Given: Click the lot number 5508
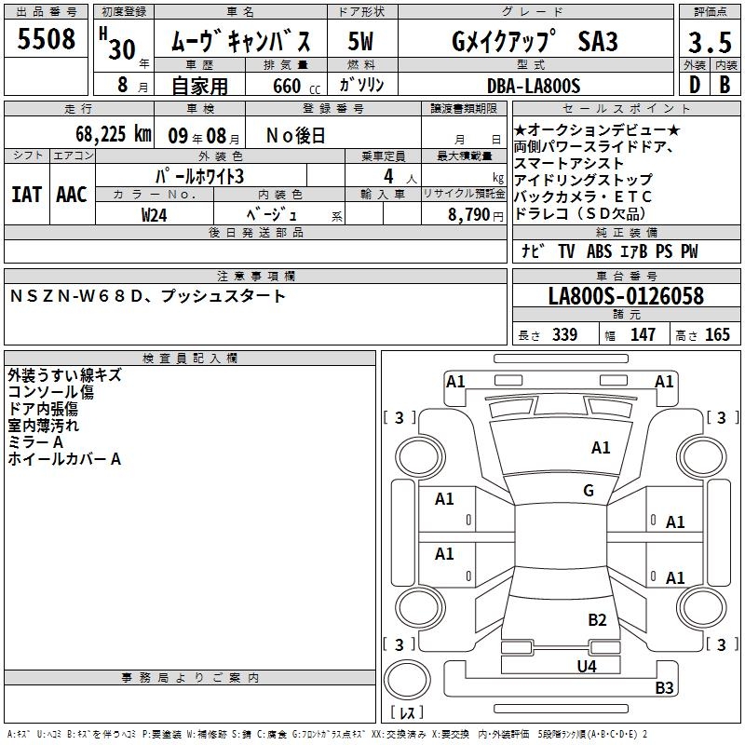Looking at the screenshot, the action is [47, 39].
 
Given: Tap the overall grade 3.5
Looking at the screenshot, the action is [709, 42].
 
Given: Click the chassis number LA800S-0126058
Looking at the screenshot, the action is [626, 296].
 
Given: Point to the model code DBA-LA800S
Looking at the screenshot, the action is [534, 86].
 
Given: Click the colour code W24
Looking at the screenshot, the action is [155, 213].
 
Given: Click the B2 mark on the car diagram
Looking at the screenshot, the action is [597, 620].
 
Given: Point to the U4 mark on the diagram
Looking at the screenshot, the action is [586, 666].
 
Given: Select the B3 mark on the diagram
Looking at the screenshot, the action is [664, 688].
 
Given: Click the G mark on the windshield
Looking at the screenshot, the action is [589, 491].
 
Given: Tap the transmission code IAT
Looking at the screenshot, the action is [27, 195].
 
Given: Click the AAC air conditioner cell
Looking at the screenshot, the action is [72, 195].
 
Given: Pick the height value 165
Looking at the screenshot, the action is [716, 335].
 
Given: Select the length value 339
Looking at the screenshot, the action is [563, 335].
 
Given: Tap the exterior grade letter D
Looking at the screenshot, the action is [694, 86].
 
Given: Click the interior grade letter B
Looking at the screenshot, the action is [725, 86].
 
